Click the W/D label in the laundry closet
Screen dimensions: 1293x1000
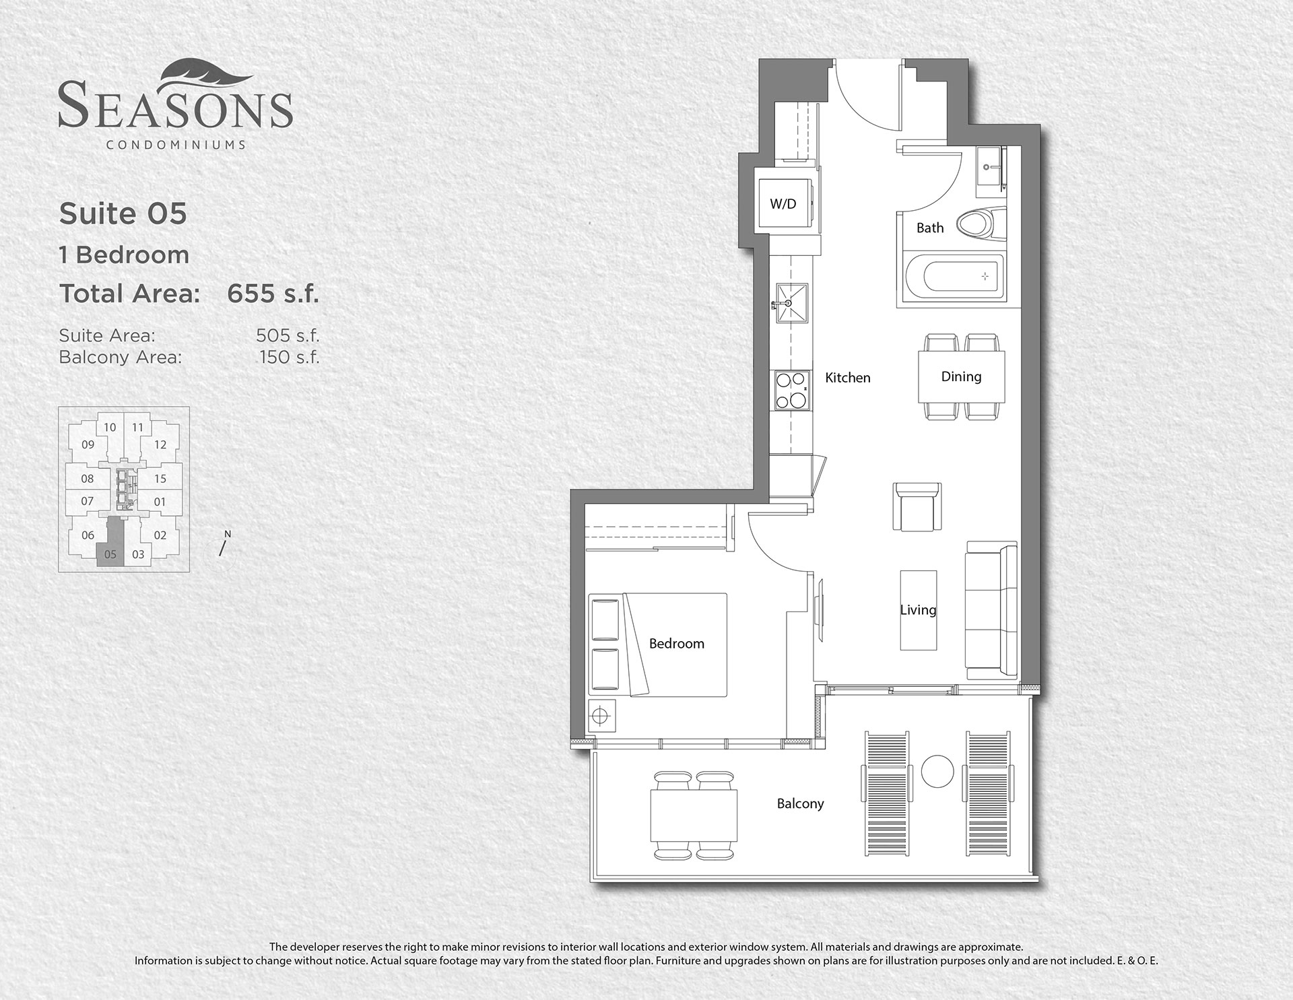point(783,204)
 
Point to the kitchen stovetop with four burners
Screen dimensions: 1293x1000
point(791,390)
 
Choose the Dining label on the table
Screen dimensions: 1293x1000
point(961,376)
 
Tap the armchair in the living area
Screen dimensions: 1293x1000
point(917,506)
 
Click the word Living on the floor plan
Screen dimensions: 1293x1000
point(918,610)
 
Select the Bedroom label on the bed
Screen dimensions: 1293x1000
point(677,644)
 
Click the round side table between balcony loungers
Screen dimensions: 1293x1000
point(937,771)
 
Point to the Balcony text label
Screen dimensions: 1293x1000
point(800,803)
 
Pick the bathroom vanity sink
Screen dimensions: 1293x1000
point(990,166)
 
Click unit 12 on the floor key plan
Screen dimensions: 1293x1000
point(160,444)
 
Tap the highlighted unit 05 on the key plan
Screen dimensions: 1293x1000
point(110,554)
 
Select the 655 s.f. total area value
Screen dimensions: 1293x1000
point(273,294)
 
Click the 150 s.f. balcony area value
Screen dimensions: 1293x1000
point(290,357)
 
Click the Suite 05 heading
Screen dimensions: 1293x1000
point(123,213)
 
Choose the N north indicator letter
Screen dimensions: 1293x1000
point(228,534)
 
